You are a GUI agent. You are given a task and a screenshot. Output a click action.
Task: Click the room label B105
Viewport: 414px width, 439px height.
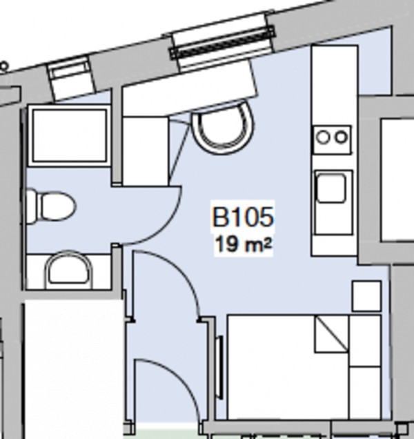[243, 217]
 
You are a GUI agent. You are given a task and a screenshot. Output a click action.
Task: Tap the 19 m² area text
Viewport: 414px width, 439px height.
[243, 244]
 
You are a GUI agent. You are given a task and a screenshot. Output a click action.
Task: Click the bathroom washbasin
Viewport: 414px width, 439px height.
[68, 270]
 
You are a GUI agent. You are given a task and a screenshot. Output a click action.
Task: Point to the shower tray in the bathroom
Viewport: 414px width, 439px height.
[70, 135]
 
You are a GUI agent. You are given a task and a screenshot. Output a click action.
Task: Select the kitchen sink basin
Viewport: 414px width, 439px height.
[331, 188]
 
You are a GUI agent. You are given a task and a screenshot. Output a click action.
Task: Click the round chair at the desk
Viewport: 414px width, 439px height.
[223, 127]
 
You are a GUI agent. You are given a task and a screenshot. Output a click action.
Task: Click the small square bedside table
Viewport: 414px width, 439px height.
[366, 295]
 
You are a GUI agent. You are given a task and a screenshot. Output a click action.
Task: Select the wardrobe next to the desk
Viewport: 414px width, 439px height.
[146, 150]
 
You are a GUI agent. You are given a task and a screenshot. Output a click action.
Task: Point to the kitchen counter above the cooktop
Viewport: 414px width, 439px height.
[334, 83]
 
